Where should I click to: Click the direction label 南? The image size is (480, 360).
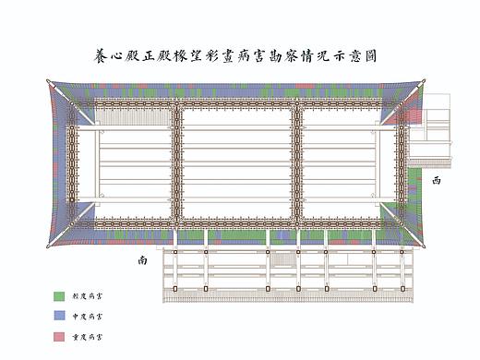tap(142, 261)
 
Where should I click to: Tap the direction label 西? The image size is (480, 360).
tap(436, 182)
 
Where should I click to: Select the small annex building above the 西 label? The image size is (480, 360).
tap(432, 130)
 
